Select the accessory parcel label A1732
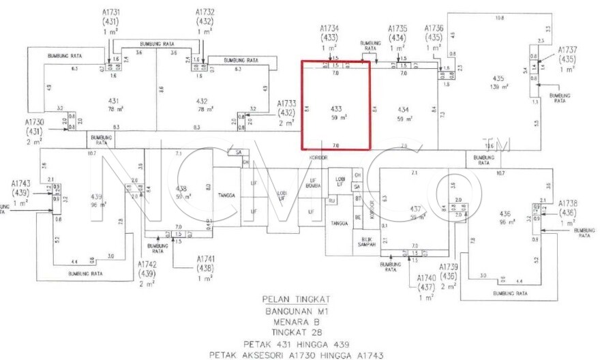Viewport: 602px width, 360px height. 205,12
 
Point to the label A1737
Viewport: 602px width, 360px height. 567,50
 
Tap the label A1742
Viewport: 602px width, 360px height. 147,264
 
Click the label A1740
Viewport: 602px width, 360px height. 426,279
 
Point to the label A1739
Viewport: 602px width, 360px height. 447,267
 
